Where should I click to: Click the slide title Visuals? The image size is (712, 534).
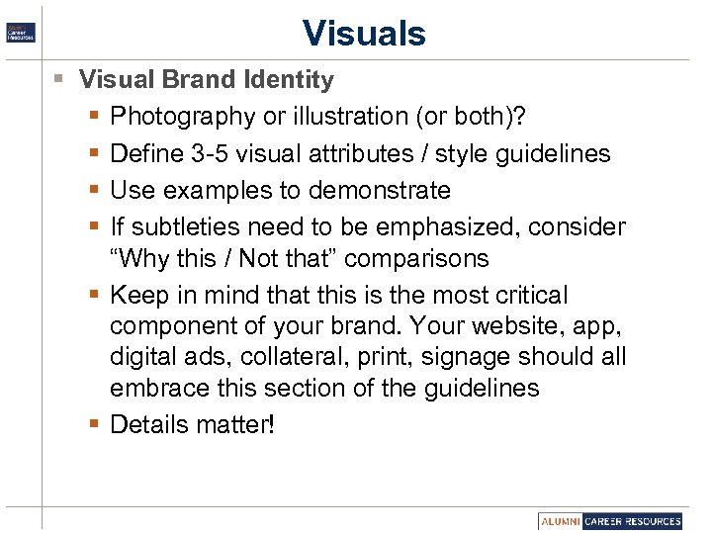point(364,33)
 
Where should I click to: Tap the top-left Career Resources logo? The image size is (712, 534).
point(21,32)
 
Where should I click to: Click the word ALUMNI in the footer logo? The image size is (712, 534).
point(560,521)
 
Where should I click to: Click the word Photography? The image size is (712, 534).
point(182,117)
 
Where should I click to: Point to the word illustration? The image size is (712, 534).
point(345,117)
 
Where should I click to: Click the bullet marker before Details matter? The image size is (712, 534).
point(92,424)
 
